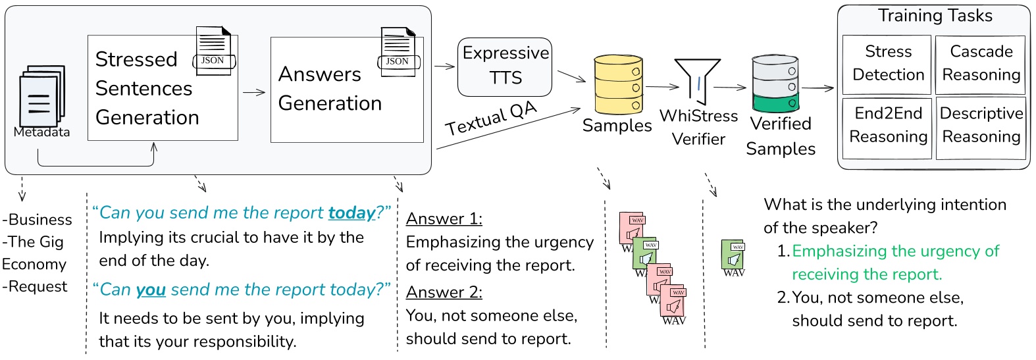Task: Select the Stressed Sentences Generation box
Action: click(x=163, y=88)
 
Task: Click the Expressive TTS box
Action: click(x=505, y=66)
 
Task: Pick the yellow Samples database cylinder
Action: click(x=618, y=85)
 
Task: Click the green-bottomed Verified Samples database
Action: click(x=775, y=84)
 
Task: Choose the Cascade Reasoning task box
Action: click(x=981, y=64)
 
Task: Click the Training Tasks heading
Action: click(x=935, y=16)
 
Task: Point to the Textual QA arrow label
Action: click(x=490, y=118)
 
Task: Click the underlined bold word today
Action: click(x=351, y=213)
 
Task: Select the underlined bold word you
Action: click(x=151, y=290)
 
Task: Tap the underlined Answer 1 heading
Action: click(x=444, y=219)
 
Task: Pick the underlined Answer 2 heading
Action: click(x=444, y=292)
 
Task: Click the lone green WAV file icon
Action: click(x=733, y=257)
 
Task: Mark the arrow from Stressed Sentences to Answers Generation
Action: click(x=254, y=92)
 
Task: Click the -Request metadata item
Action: click(x=36, y=286)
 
